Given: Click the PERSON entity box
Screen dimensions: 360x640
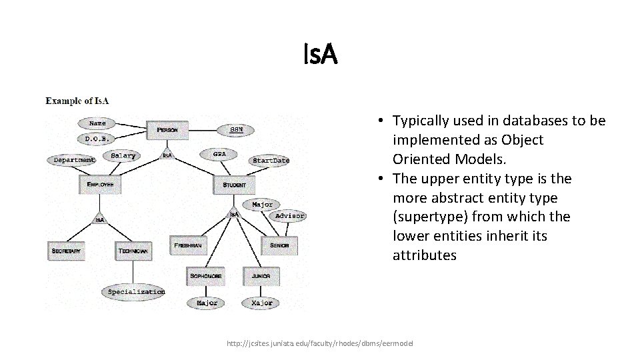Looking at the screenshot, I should [x=167, y=129].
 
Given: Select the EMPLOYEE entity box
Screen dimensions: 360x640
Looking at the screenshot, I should [x=100, y=184].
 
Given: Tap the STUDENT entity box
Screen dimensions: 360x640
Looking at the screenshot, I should [x=234, y=184].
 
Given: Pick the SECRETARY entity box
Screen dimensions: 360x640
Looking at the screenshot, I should [x=65, y=251].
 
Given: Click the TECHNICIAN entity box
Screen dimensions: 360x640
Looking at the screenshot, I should [x=133, y=251].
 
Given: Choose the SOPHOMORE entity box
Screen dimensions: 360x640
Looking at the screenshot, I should [x=205, y=275].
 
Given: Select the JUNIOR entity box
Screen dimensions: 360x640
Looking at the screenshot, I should [x=261, y=275].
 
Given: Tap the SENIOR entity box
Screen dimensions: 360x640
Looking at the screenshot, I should [x=279, y=245].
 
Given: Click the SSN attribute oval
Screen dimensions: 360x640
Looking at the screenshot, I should [x=236, y=129].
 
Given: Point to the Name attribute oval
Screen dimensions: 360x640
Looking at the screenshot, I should [x=97, y=123].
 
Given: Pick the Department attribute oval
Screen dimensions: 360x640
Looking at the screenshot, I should [x=74, y=160].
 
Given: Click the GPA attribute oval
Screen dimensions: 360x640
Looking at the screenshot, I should [x=219, y=154].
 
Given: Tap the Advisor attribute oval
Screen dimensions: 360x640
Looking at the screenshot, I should [x=289, y=215].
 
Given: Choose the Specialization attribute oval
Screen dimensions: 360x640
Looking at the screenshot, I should [x=136, y=291].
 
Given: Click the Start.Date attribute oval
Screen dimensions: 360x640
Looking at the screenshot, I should [x=271, y=160].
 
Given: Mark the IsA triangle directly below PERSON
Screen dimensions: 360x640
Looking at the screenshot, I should [x=167, y=155].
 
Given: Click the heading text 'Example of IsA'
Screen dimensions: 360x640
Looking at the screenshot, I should [x=77, y=101].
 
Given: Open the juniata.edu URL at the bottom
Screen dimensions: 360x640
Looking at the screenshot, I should [x=320, y=343].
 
